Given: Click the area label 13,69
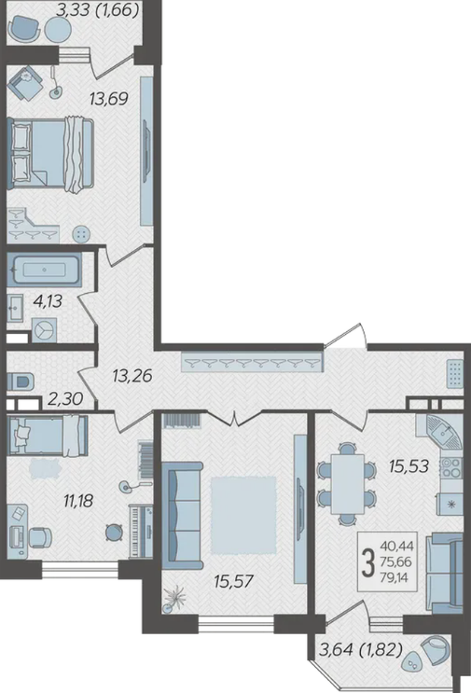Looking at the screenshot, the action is (x=109, y=99).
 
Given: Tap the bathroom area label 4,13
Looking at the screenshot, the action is (x=48, y=301).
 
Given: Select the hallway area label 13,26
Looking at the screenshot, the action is (x=132, y=376).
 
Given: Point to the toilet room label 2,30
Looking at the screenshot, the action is (x=65, y=399).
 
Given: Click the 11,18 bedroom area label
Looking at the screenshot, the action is (x=78, y=501).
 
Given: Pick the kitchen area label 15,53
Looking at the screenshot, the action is (x=409, y=465).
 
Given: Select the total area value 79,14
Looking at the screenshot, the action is (x=396, y=577).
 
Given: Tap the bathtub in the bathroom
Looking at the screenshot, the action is (x=44, y=270).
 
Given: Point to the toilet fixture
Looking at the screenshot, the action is (x=21, y=381).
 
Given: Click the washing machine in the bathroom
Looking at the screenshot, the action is (x=44, y=330).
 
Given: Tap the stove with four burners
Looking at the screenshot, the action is (x=450, y=467).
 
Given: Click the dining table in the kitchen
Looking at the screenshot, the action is (x=347, y=484).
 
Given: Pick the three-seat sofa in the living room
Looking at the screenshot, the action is (x=183, y=516).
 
